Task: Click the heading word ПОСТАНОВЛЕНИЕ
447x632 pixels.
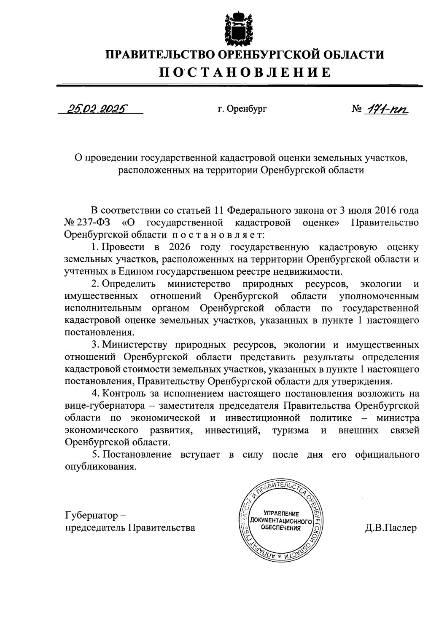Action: click(245, 72)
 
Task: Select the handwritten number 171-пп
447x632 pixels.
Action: click(388, 110)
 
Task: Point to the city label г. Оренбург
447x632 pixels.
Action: click(242, 110)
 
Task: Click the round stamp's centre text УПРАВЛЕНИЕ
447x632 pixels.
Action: click(281, 513)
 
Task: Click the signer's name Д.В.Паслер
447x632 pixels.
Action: click(391, 528)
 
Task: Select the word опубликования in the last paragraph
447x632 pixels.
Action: click(101, 467)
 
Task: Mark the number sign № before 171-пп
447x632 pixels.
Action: click(357, 110)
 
